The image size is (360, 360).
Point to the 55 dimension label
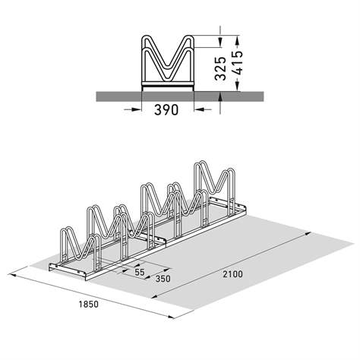pyautogui.click(x=139, y=270)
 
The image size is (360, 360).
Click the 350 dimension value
pyautogui.click(x=160, y=279)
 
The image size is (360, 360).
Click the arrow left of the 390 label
pyautogui.click(x=130, y=109)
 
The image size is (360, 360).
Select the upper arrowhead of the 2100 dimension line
pyautogui.click(x=307, y=236)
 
